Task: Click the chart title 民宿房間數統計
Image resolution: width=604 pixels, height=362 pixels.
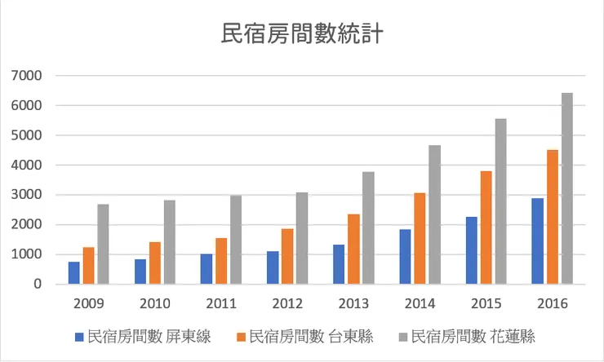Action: point(302,34)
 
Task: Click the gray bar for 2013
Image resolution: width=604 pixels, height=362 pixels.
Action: point(368,228)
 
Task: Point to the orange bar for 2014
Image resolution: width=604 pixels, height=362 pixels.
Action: point(420,239)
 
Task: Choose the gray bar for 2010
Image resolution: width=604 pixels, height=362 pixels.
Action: point(170,242)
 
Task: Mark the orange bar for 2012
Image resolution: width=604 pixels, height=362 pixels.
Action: point(287,257)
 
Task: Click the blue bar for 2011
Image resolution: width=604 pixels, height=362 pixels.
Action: point(207,269)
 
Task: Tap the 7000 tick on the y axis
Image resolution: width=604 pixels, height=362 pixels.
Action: point(28,76)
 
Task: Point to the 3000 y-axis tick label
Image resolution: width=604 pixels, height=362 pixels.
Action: point(28,195)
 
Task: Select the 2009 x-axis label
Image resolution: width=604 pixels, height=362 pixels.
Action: point(88,303)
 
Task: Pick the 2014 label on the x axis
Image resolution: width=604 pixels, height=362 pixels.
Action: point(420,303)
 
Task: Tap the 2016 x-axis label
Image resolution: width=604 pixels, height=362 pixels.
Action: point(552,303)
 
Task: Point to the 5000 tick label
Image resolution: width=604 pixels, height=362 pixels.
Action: point(28,135)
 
